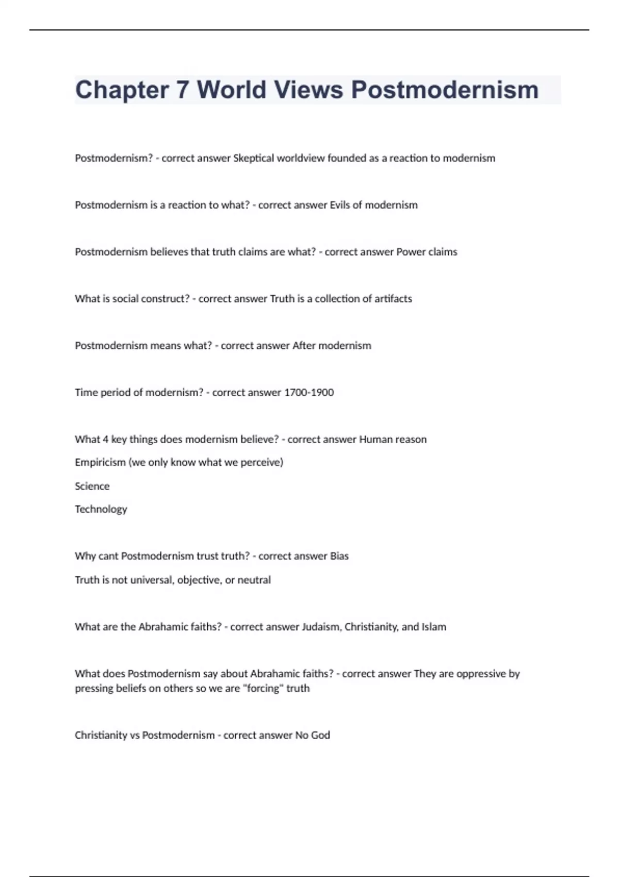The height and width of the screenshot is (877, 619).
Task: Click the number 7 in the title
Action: [183, 90]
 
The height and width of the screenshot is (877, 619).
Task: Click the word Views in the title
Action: [308, 90]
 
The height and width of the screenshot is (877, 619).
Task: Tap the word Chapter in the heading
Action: [122, 90]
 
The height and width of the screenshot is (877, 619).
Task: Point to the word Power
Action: [410, 252]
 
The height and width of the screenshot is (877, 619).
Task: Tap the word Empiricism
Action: [100, 462]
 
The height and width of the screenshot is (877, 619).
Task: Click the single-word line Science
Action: [92, 486]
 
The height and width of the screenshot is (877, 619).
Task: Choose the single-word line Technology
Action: [101, 509]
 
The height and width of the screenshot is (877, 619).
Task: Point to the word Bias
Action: [339, 556]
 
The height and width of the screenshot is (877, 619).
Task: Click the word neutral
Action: [254, 580]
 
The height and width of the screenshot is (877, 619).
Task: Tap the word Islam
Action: [434, 627]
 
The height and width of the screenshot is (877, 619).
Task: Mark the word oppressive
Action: [480, 674]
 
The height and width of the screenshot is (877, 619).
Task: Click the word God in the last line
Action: [320, 735]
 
